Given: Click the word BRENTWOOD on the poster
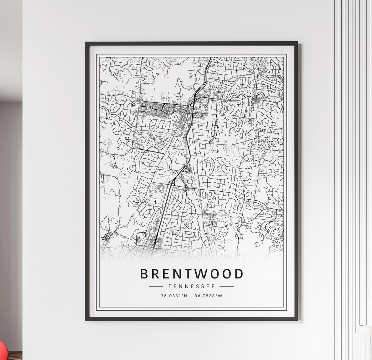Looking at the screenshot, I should click(192, 274).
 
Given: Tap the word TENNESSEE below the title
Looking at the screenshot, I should click(192, 286).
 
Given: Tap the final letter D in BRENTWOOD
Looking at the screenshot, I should click(239, 274).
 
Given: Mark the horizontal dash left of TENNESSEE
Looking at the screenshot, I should click(156, 286).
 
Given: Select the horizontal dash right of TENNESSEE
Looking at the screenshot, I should click(227, 286).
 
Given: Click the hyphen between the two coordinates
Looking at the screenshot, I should click(191, 295).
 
